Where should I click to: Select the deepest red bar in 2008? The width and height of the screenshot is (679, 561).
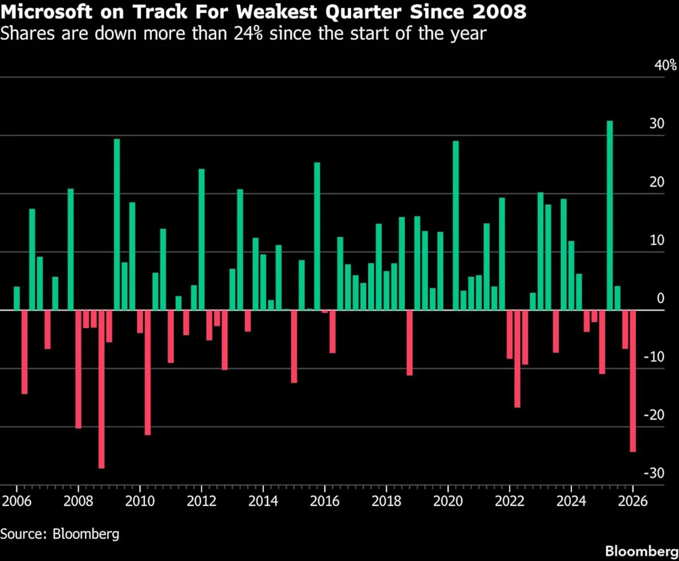(101, 389)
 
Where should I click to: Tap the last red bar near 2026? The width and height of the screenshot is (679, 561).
(633, 381)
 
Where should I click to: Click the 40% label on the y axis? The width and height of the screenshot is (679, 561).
(665, 66)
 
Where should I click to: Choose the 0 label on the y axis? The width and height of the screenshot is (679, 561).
(660, 298)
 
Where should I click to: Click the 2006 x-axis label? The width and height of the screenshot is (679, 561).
(16, 501)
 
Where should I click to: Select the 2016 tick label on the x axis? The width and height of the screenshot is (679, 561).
(324, 501)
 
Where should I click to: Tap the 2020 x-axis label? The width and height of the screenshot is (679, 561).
(448, 501)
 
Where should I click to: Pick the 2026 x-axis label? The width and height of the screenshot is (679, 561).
(632, 501)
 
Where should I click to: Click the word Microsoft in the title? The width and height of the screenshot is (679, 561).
(46, 12)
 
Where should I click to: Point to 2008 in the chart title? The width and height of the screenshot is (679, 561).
(500, 12)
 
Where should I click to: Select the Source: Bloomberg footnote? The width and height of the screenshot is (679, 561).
(60, 534)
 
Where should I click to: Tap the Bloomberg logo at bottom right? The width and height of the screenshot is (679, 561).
(641, 551)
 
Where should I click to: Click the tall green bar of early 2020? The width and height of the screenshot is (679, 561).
(455, 225)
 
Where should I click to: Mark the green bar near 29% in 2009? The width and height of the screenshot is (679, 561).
(117, 224)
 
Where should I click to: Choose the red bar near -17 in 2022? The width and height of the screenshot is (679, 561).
(517, 359)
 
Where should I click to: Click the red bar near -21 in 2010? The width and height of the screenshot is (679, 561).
(147, 372)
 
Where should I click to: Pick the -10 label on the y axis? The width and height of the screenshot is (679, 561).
(654, 357)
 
